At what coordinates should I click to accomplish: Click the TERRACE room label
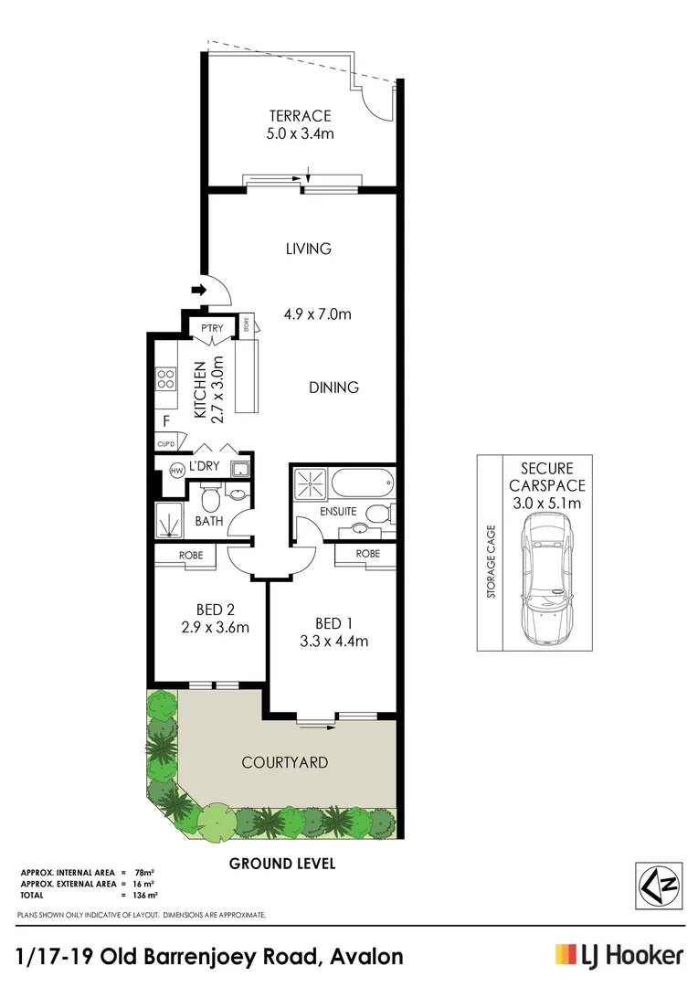(x=300, y=116)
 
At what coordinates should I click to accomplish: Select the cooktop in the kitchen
(x=165, y=378)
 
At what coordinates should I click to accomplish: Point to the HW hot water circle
(x=176, y=472)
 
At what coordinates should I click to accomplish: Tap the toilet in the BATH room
(x=209, y=499)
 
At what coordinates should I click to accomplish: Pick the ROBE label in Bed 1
(x=367, y=554)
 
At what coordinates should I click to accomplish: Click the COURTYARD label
(x=284, y=762)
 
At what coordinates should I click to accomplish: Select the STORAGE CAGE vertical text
(x=491, y=560)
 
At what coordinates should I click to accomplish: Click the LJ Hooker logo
(x=619, y=956)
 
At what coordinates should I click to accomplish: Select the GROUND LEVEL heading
(x=282, y=863)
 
